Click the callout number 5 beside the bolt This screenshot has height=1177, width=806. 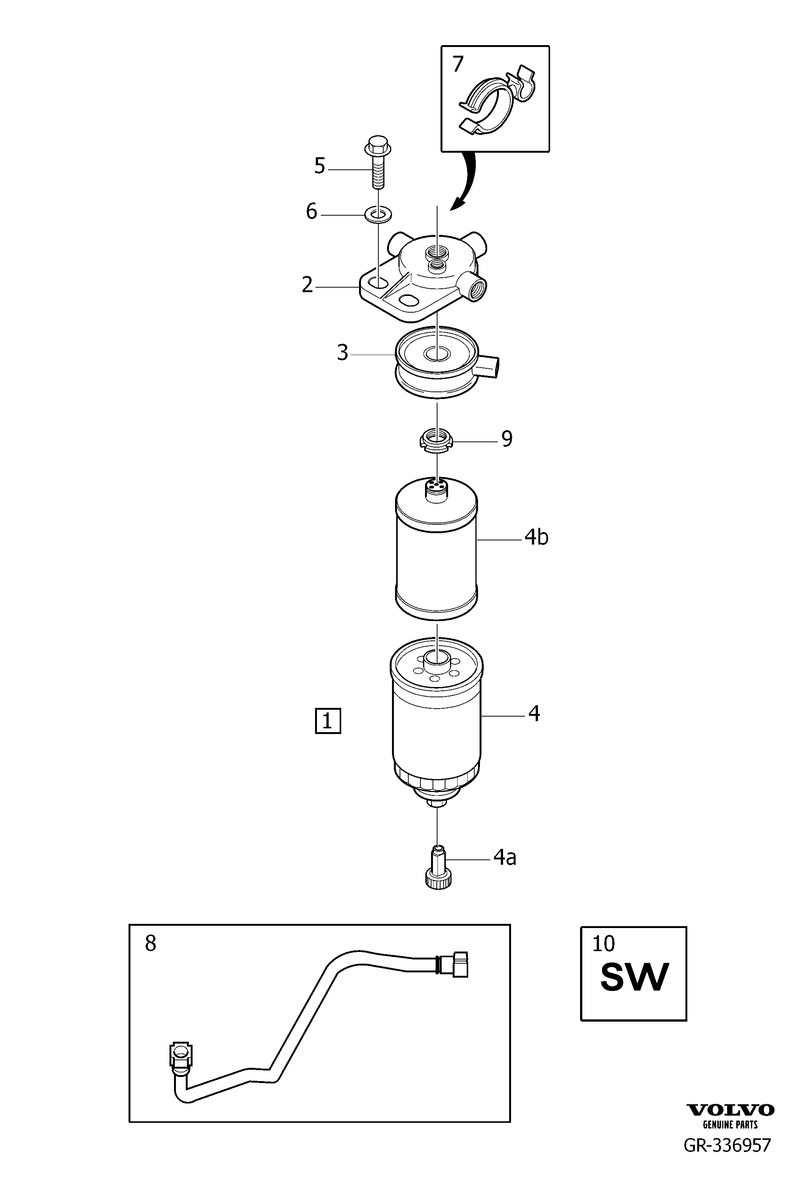tap(319, 166)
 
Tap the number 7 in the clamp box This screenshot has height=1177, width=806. tap(458, 64)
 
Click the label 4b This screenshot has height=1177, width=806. tap(536, 537)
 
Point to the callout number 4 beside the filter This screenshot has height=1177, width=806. tap(534, 714)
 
